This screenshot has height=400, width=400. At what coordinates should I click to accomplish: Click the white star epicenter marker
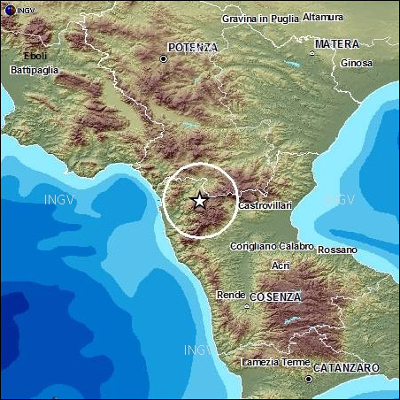click(200, 201)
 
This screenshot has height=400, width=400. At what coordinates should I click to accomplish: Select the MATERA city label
click(337, 43)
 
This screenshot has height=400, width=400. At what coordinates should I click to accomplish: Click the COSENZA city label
click(275, 296)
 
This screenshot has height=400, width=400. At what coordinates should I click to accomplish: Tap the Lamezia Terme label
click(274, 362)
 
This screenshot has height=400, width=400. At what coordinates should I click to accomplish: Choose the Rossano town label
click(337, 250)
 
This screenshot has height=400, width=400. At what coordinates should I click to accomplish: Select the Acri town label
click(281, 265)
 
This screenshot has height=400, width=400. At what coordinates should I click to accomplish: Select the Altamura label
click(323, 16)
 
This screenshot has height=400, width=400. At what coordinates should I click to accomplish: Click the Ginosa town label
click(357, 63)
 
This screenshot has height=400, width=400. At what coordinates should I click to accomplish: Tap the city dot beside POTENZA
click(163, 58)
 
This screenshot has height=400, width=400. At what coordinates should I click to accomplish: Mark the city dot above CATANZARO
click(308, 379)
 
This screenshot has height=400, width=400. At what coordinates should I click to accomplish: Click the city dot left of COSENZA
click(246, 306)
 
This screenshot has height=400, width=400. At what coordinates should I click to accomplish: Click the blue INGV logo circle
click(9, 9)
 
